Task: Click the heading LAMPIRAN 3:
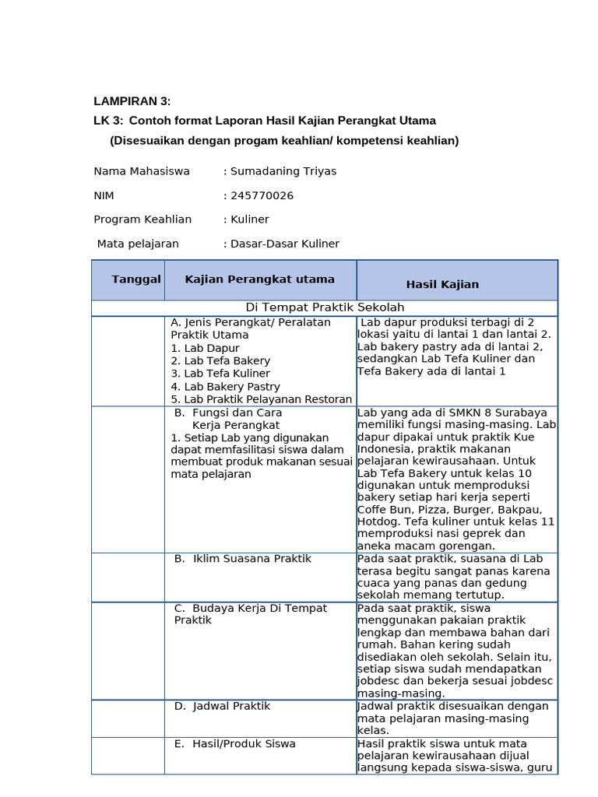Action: (132, 101)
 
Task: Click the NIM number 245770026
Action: (262, 195)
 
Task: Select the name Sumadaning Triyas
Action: (283, 171)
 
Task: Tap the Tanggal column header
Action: (136, 279)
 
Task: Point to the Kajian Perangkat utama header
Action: (260, 279)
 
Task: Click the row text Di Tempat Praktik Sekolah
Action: (324, 308)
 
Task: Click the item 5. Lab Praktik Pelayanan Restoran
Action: (261, 399)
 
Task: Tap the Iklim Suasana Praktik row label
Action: (242, 559)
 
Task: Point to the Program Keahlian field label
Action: (142, 219)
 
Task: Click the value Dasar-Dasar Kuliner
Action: (285, 244)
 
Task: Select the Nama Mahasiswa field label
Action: (142, 171)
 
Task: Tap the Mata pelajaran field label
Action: (138, 244)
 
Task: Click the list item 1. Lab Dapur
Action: (205, 349)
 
